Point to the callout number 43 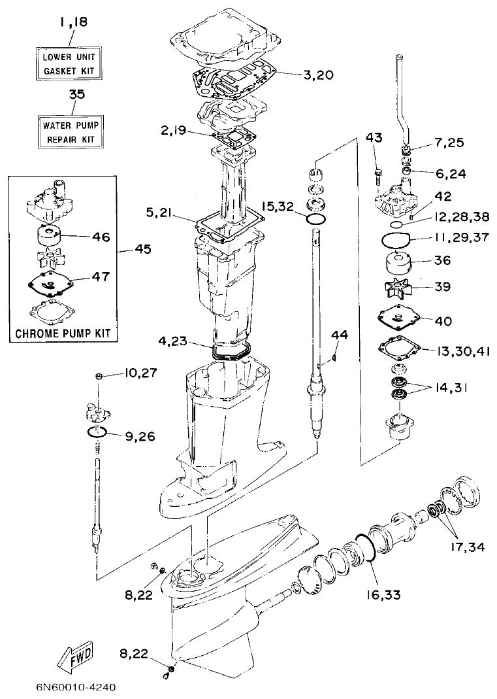tap(374, 139)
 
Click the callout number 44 tap(339, 335)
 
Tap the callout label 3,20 tap(318, 75)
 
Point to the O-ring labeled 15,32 tap(315, 218)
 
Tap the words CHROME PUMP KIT tap(62, 333)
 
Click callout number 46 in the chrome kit tap(101, 237)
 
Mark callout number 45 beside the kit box tap(141, 248)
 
